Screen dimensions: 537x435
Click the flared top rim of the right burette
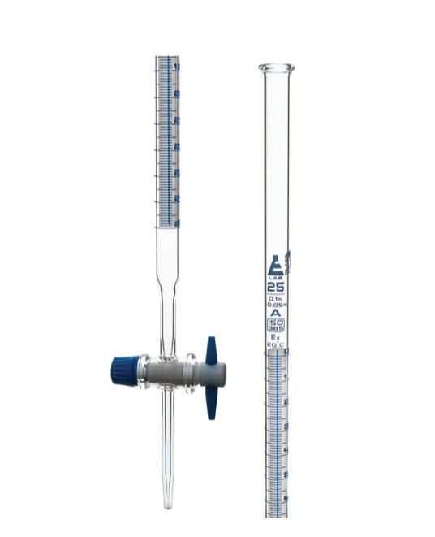pos(277,67)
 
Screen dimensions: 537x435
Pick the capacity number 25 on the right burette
pos(276,287)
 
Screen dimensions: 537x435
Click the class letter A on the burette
pos(276,313)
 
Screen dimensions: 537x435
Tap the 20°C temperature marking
pos(276,346)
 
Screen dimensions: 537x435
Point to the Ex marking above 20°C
pos(276,338)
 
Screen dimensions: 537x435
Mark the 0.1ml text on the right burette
pos(276,298)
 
